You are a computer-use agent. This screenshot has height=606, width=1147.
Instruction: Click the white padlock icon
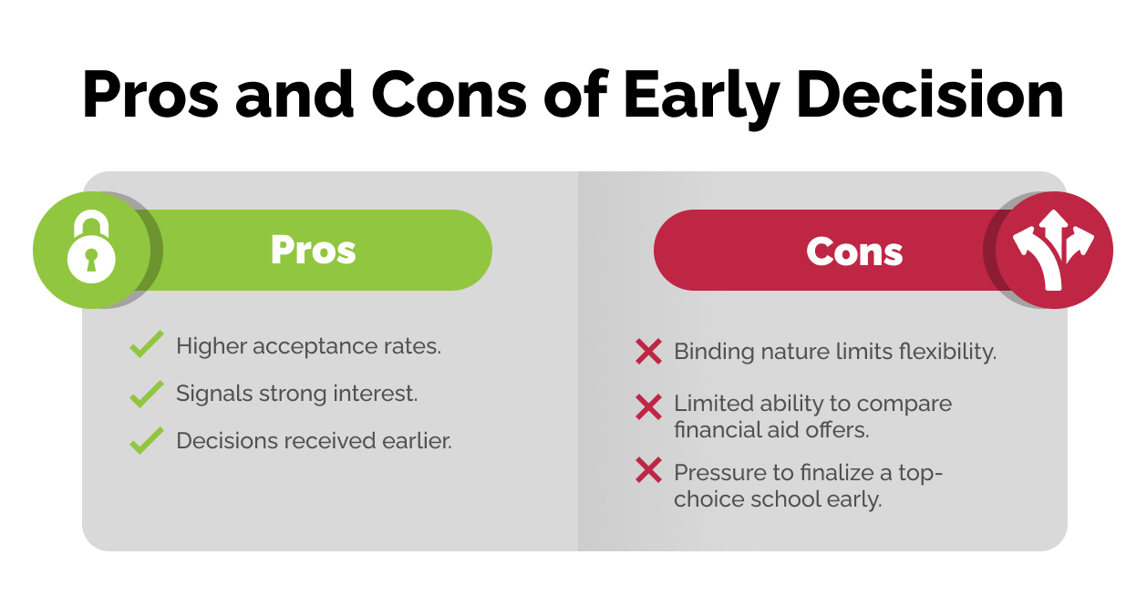pyautogui.click(x=91, y=251)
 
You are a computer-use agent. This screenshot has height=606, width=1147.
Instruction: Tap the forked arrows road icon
pyautogui.click(x=1053, y=251)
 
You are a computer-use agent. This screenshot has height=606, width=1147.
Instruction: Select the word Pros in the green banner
pyautogui.click(x=313, y=251)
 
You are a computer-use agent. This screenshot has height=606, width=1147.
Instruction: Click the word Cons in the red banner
pyautogui.click(x=854, y=252)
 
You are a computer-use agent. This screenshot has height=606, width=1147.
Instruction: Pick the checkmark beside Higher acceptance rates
pyautogui.click(x=146, y=346)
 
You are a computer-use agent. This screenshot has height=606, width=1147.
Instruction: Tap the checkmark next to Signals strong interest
pyautogui.click(x=146, y=394)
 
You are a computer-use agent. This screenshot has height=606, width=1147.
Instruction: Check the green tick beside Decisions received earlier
pyautogui.click(x=146, y=441)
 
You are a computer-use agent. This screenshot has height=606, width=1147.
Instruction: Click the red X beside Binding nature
pyautogui.click(x=648, y=352)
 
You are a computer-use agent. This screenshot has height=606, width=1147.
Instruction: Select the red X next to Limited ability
pyautogui.click(x=648, y=406)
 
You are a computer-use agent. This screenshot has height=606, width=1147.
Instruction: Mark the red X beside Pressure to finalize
pyautogui.click(x=648, y=470)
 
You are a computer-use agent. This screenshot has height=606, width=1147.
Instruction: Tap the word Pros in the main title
pyautogui.click(x=146, y=95)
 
